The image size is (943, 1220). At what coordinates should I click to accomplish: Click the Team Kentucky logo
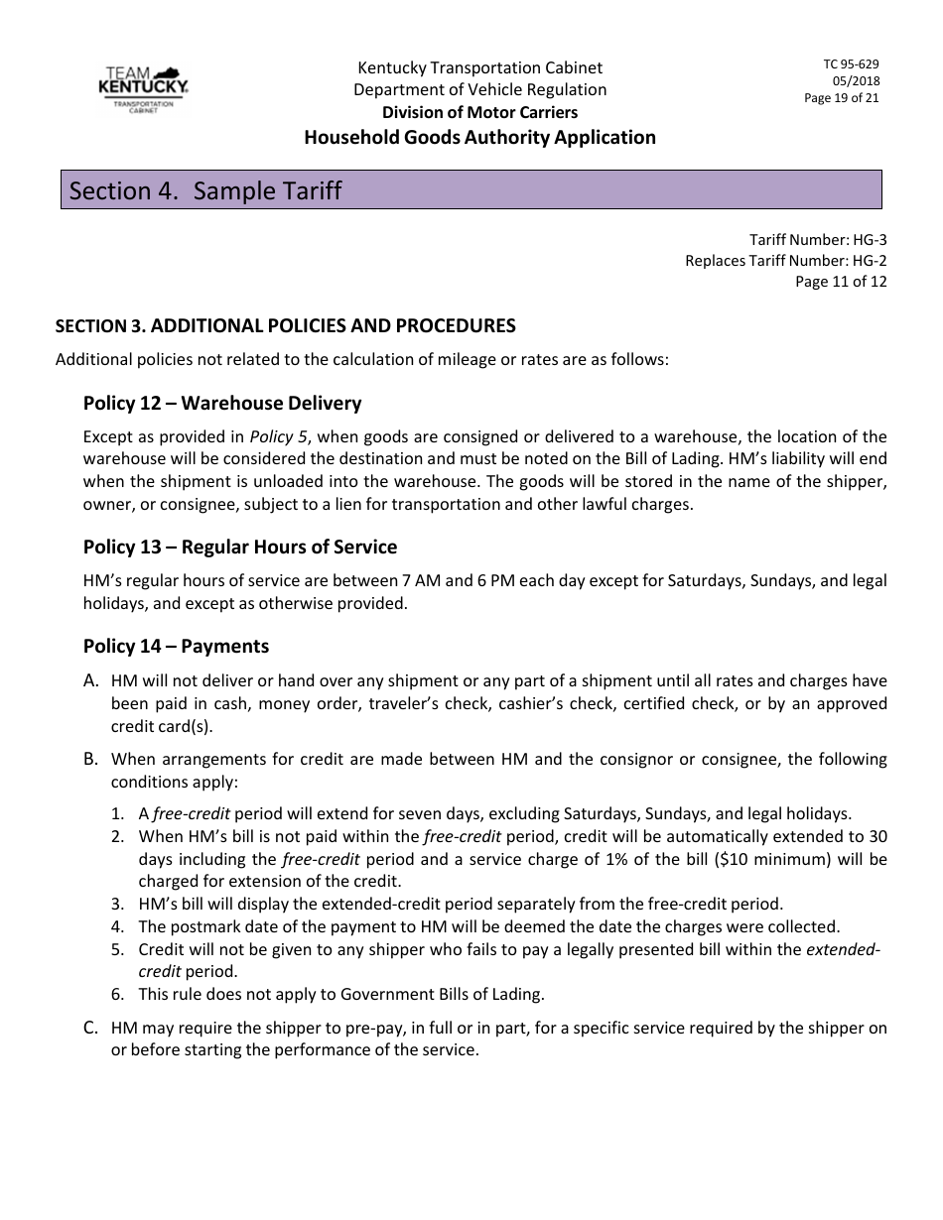[x=145, y=89]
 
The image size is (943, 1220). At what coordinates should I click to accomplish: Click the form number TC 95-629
[x=851, y=64]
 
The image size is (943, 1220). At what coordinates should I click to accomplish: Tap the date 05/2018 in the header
[x=856, y=81]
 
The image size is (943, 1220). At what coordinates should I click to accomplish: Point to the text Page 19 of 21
[x=841, y=98]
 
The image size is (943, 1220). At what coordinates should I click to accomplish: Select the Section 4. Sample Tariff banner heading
[x=204, y=190]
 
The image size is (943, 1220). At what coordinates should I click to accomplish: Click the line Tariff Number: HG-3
[x=818, y=240]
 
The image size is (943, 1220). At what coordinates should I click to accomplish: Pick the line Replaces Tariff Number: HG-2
[x=785, y=261]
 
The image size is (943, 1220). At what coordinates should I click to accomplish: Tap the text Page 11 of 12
[x=841, y=282]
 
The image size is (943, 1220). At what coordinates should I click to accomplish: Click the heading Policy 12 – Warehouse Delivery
[x=222, y=404]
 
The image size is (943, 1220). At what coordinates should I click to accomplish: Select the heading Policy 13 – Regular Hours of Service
[x=240, y=548]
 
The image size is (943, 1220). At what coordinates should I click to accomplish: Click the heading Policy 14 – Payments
[x=176, y=647]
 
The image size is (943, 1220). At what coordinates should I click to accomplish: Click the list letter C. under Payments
[x=91, y=1028]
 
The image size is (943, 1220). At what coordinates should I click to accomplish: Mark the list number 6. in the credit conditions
[x=117, y=994]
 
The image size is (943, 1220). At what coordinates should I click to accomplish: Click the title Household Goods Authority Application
[x=479, y=138]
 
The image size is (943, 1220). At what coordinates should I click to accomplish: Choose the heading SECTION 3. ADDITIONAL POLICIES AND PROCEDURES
[x=285, y=326]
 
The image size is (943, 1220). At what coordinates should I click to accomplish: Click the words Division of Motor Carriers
[x=479, y=113]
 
